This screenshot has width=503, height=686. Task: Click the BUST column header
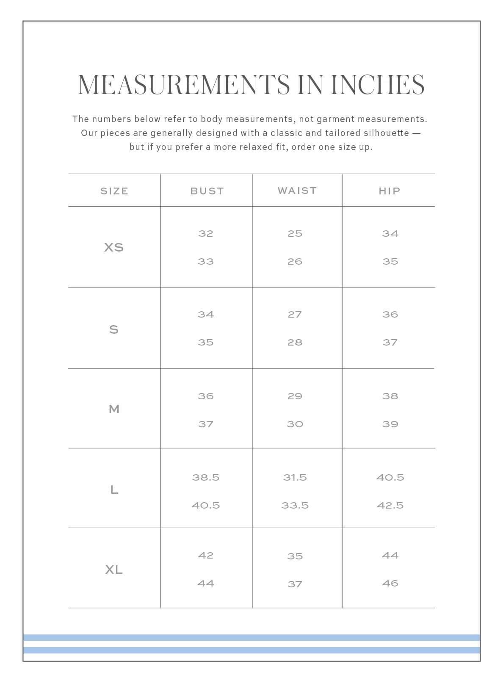coord(207,191)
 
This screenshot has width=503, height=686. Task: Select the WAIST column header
coord(297,191)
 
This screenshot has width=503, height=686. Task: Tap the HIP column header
coord(389,191)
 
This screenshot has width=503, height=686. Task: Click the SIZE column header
coord(114,191)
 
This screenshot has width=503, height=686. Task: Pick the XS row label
coord(114,247)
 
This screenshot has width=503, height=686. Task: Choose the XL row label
coord(114,570)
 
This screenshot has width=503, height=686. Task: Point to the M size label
coord(114,409)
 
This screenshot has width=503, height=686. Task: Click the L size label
coord(114,490)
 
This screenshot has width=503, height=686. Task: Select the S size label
coord(114,329)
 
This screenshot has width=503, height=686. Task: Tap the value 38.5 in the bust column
coord(206,477)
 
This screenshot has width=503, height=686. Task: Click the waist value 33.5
coord(295,505)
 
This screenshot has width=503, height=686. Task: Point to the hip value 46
coord(390,583)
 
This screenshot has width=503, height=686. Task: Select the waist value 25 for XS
coord(295,233)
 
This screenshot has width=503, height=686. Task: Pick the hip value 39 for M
coord(390,424)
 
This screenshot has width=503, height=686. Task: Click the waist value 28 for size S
coord(295,342)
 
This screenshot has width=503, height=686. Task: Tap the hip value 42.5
coord(390,505)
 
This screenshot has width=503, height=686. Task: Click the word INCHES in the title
coord(377,85)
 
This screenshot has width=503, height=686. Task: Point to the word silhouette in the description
coord(386,133)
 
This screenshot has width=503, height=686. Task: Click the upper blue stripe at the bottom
coord(251,638)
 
